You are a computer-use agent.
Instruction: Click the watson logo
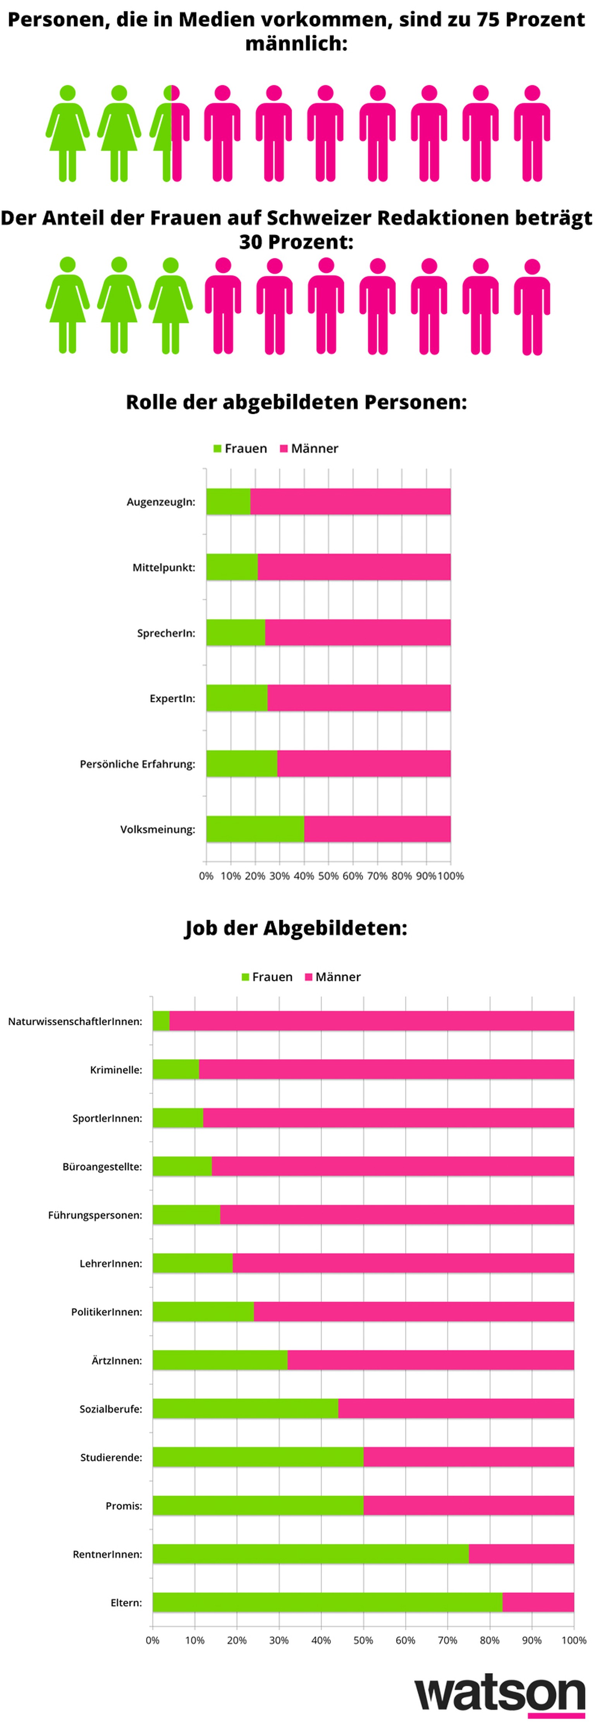(x=499, y=1693)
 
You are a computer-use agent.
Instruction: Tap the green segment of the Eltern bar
(x=327, y=1602)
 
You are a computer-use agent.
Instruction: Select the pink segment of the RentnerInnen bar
(x=521, y=1553)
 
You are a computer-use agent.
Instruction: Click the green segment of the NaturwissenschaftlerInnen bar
(x=161, y=1020)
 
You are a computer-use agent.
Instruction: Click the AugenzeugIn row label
(x=161, y=502)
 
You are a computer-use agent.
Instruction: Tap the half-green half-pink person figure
(x=171, y=133)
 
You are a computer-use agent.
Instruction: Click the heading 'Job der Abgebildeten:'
(x=296, y=928)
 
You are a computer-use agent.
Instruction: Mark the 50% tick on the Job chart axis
(x=363, y=1640)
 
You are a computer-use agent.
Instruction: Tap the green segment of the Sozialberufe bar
(x=245, y=1408)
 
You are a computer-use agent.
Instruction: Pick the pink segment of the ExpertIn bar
(x=359, y=698)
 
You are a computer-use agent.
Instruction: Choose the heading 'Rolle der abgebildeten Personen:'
(x=296, y=402)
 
